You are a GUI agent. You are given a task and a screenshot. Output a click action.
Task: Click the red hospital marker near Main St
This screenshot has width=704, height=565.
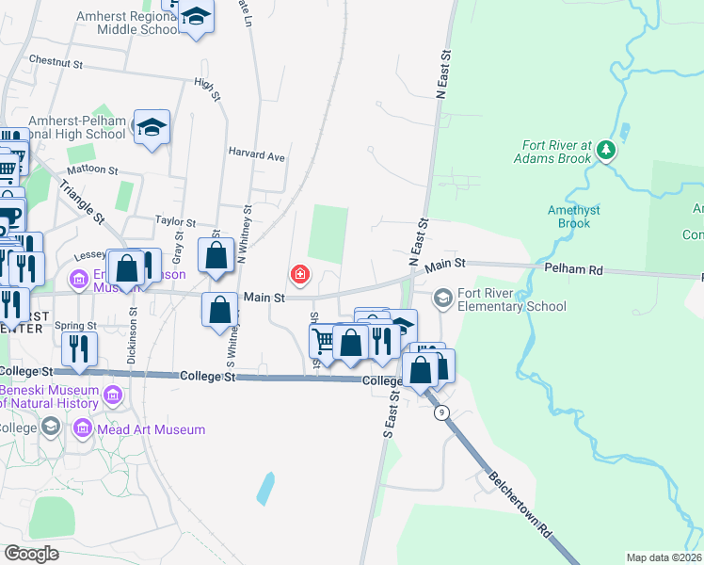click(300, 275)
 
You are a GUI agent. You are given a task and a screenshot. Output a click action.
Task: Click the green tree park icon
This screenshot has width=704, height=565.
click(607, 150)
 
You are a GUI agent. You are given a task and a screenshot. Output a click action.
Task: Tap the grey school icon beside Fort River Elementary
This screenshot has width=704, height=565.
click(441, 299)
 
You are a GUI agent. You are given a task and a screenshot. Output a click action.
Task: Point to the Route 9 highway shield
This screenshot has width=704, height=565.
click(440, 412)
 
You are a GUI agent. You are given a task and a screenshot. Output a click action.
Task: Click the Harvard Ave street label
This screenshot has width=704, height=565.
click(256, 156)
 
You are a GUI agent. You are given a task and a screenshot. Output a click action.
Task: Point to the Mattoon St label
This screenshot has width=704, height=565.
click(91, 171)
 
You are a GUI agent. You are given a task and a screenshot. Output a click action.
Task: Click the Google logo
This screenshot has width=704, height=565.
click(31, 553)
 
